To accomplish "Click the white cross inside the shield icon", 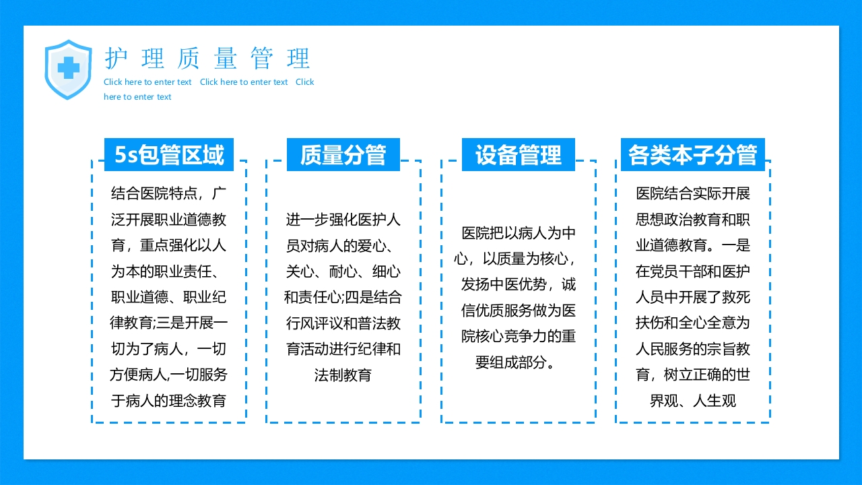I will point(67,67).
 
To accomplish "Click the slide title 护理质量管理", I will point(207,59).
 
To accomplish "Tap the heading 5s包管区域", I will point(169,155).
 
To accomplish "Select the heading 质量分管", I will point(343,155).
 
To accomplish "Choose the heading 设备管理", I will point(519,155).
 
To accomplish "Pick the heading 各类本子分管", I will point(693,155).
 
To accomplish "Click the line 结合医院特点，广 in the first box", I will point(169,194).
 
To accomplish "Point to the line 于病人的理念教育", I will point(169,401).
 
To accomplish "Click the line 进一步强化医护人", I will point(343,220).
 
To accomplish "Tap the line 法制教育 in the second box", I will point(343,375).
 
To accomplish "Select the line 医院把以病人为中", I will point(519,233).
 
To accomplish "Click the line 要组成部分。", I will point(519,362).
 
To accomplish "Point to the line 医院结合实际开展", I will point(693,194).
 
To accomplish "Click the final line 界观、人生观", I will point(693,401).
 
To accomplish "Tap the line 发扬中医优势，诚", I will point(519,284).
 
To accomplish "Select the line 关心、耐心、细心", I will point(343,271).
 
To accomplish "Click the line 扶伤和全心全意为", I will point(693,323).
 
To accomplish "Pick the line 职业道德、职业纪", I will point(169,298).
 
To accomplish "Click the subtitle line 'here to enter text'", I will point(137,97).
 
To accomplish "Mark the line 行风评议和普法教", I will point(343,323).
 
